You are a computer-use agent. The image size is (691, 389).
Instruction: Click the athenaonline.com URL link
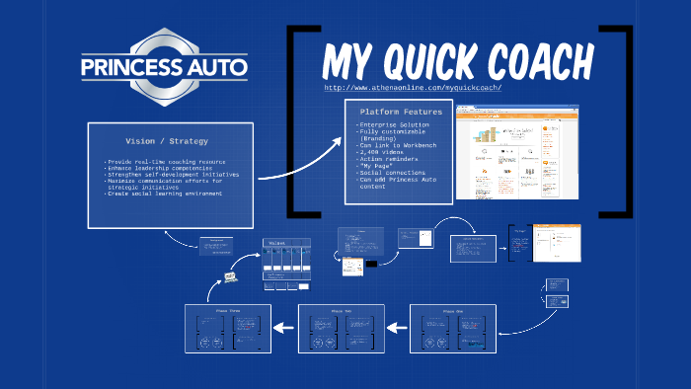413,88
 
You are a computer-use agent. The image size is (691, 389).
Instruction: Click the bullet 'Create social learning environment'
163,194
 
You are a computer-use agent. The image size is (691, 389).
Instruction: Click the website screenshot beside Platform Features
516,151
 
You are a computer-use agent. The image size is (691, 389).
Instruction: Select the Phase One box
451,329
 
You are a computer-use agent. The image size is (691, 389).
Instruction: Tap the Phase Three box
228,329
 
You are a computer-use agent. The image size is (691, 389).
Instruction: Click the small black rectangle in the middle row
372,265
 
